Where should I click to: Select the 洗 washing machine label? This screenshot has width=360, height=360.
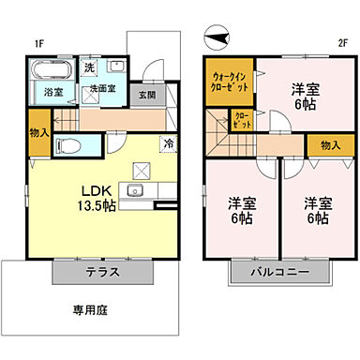click(90, 68)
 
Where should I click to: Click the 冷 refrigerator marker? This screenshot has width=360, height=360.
click(167, 143)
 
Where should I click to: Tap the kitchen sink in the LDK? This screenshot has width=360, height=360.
click(134, 193)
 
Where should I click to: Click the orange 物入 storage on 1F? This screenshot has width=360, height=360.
click(38, 138)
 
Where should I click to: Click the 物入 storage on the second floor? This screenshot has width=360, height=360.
click(329, 145)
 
